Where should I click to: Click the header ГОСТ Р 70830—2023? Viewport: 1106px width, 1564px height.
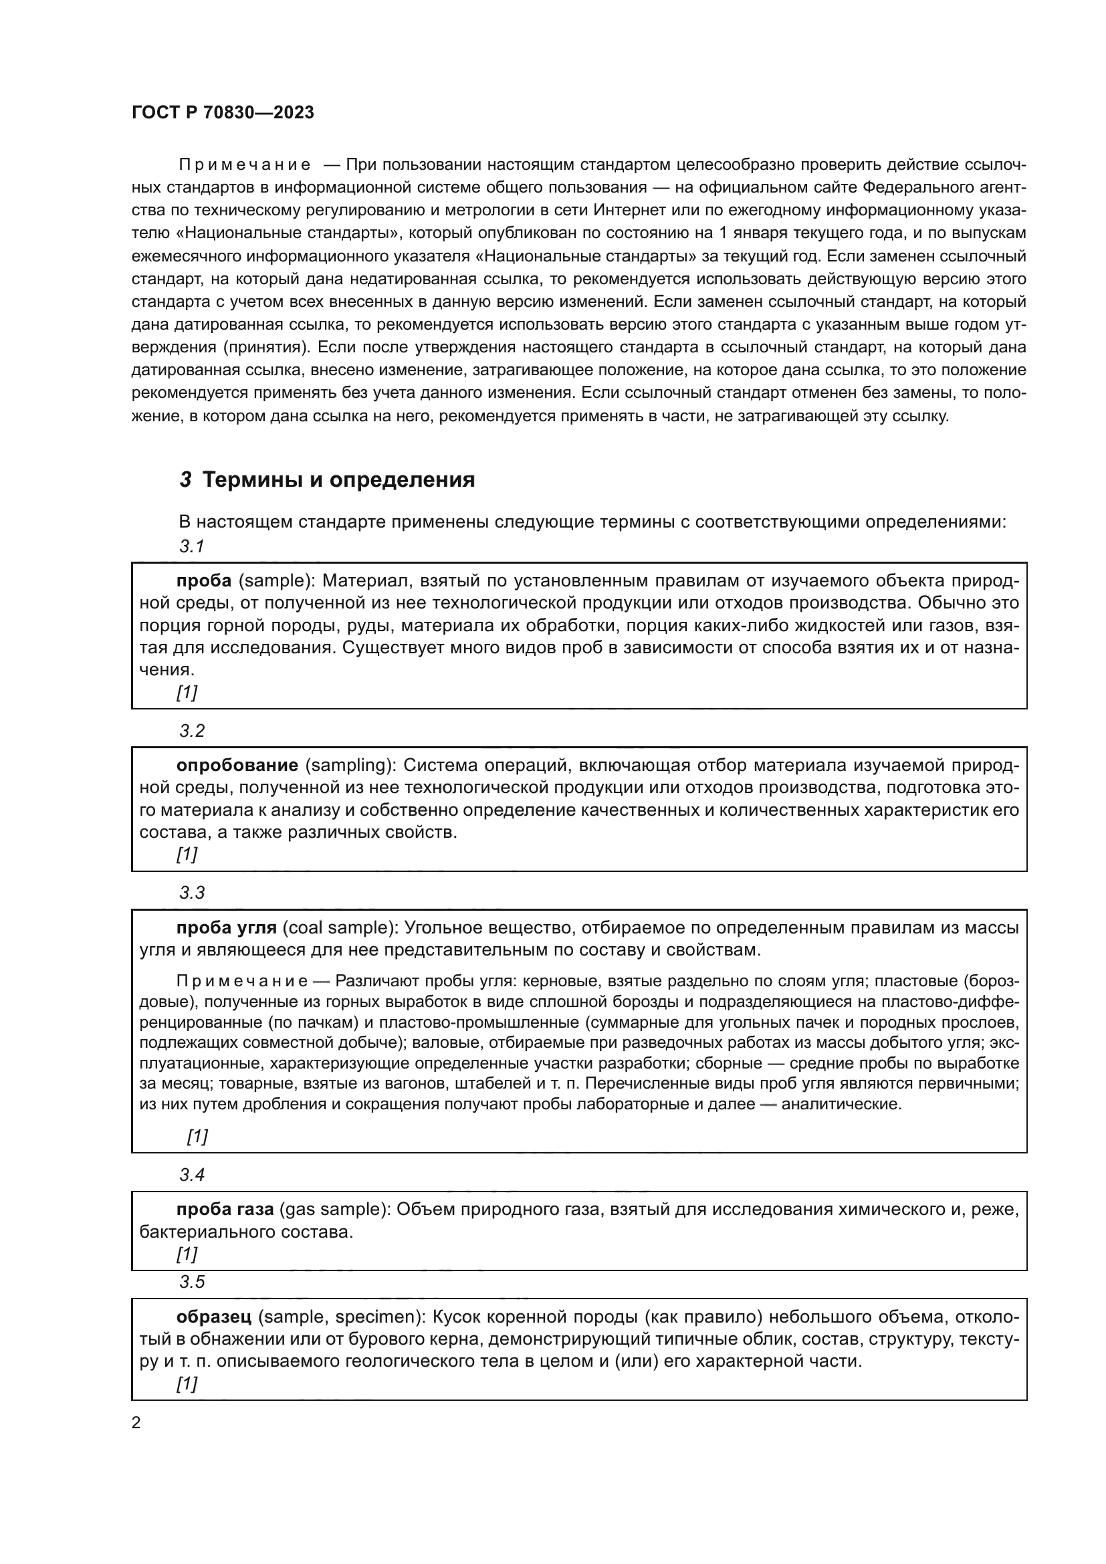(223, 112)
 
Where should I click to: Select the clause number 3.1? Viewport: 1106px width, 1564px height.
(192, 546)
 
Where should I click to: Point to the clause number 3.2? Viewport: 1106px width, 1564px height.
(192, 731)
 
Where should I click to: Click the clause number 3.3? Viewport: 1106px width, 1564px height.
(192, 893)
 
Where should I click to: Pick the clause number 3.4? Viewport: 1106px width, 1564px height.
(192, 1174)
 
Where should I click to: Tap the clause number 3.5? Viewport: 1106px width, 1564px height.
(192, 1282)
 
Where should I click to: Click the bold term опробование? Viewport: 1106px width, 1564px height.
(237, 765)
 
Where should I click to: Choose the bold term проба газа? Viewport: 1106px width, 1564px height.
(225, 1209)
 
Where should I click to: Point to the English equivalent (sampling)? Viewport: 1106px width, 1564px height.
(348, 765)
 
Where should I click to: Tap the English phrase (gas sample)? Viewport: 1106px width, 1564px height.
(334, 1209)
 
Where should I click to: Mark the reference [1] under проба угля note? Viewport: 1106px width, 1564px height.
(197, 1135)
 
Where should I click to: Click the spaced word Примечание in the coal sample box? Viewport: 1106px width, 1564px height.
(242, 981)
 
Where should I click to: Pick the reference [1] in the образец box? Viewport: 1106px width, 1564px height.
(187, 1383)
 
